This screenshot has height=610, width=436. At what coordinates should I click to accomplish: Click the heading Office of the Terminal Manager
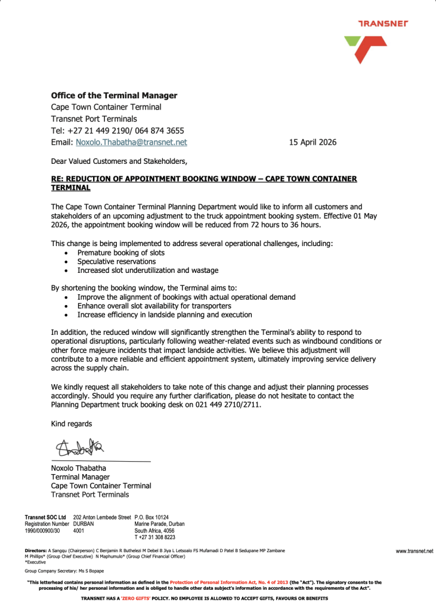(114, 95)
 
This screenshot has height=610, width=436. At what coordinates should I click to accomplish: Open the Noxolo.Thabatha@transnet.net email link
(131, 142)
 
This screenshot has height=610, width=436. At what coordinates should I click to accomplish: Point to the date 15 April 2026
(313, 142)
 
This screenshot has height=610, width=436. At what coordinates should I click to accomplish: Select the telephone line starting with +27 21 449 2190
(117, 130)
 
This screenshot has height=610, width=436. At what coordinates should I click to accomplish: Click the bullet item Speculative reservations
(116, 262)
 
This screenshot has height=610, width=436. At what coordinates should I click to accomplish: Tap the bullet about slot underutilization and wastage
(148, 270)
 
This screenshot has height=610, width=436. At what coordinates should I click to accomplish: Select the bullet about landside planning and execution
(165, 315)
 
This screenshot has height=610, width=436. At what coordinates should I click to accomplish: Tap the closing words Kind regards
(72, 424)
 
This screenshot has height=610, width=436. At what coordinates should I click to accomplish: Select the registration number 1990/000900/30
(42, 530)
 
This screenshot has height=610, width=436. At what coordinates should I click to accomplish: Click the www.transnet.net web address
(415, 552)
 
